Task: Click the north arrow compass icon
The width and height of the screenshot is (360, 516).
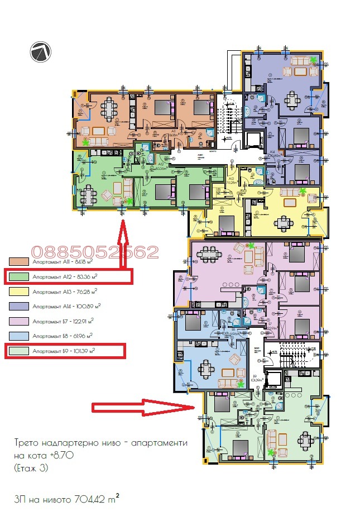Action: pyautogui.click(x=41, y=52)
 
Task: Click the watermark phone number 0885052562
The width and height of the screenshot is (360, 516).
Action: pyautogui.click(x=95, y=252)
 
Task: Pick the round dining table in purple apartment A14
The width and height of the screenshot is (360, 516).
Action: pyautogui.click(x=292, y=101)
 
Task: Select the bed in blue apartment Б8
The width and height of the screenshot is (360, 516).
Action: pyautogui.click(x=192, y=324)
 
